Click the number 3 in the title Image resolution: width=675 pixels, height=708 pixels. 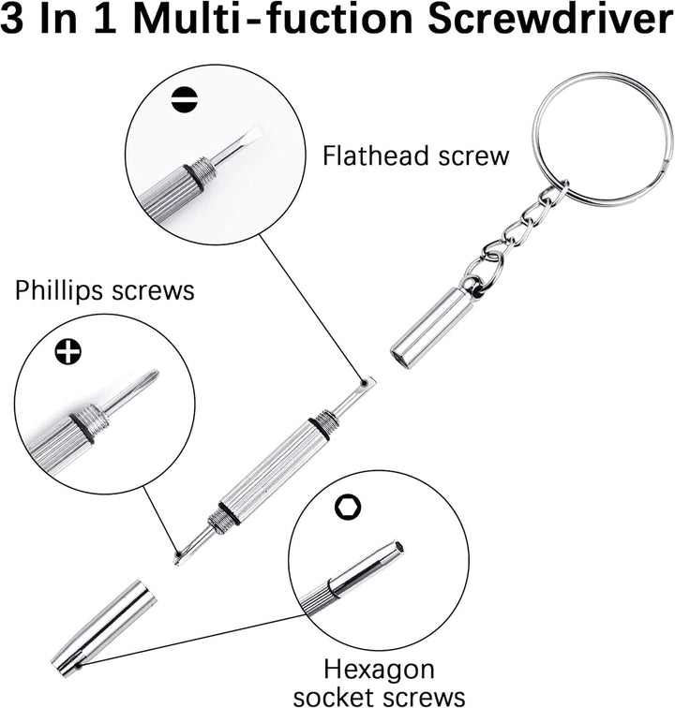coord(19,21)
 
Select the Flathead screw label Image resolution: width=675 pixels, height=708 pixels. coord(415,155)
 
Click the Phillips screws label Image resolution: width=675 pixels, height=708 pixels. coord(104,290)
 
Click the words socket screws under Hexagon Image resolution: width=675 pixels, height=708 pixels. coord(378,695)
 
